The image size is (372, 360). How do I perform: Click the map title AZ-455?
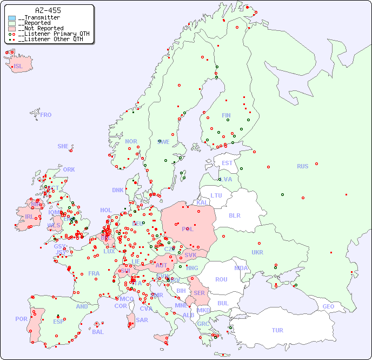click(x=48, y=10)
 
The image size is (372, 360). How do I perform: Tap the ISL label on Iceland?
click(x=18, y=67)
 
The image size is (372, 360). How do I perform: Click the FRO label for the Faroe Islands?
click(x=46, y=115)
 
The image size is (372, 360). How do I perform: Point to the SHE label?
click(x=63, y=146)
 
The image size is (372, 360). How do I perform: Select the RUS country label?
click(x=302, y=167)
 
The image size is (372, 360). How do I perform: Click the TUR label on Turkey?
click(x=277, y=330)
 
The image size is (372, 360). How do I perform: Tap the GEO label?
click(x=328, y=307)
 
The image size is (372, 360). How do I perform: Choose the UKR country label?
click(x=257, y=253)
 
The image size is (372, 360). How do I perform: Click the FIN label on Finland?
click(x=226, y=115)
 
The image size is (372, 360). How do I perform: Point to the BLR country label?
click(x=235, y=215)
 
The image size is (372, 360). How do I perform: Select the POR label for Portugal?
click(x=21, y=319)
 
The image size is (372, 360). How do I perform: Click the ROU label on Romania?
click(x=221, y=280)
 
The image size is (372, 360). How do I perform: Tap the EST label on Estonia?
click(x=227, y=163)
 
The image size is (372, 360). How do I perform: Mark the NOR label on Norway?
click(x=131, y=142)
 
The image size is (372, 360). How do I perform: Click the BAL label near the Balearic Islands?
click(x=98, y=332)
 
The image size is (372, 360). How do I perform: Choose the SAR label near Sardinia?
click(x=142, y=320)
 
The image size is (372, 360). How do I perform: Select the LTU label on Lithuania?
click(x=216, y=195)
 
